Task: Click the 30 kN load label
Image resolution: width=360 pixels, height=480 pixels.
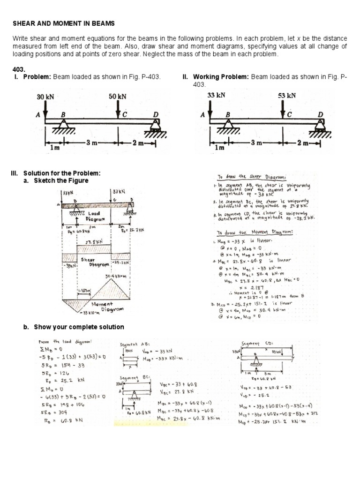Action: click(x=45, y=97)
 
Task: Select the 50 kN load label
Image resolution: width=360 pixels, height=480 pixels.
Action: click(x=118, y=97)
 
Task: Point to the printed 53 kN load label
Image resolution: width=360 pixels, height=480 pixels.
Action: click(x=287, y=95)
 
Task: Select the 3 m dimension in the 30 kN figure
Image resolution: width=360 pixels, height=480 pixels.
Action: click(x=90, y=142)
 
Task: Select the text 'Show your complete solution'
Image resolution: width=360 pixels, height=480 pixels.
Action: click(x=74, y=327)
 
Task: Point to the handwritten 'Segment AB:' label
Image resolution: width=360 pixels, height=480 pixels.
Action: click(x=134, y=345)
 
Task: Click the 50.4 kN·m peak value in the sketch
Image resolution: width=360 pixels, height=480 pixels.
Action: click(x=117, y=277)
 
